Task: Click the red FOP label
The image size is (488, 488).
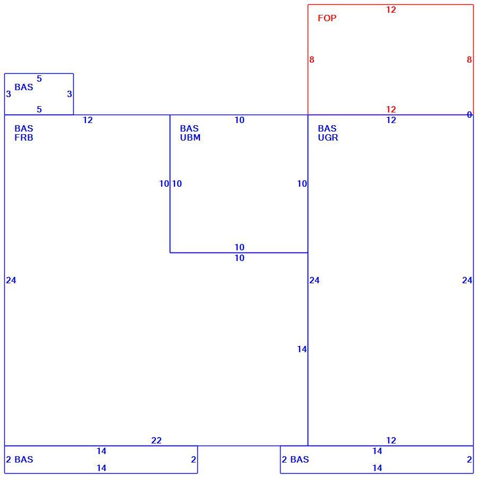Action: click(327, 18)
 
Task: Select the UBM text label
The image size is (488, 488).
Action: click(190, 137)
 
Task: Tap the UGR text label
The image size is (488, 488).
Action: click(328, 137)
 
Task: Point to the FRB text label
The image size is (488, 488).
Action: click(24, 137)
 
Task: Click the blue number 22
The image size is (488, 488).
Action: click(156, 440)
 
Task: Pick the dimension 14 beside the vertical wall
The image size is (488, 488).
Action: click(302, 349)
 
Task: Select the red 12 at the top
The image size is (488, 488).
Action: click(391, 10)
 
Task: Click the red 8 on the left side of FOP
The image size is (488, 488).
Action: click(312, 59)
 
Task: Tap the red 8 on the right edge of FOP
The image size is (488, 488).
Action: click(469, 59)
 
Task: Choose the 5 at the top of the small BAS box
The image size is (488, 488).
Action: click(39, 79)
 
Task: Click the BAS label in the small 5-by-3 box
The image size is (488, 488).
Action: click(24, 87)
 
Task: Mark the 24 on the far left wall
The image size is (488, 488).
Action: click(11, 281)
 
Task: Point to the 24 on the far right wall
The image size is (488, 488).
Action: click(467, 281)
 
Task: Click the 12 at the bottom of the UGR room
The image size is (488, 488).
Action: click(391, 440)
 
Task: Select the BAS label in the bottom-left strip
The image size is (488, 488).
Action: click(24, 459)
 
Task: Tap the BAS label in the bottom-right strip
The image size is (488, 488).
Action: click(299, 459)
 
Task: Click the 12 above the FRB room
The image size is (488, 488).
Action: click(88, 120)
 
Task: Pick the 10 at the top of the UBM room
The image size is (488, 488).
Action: click(239, 120)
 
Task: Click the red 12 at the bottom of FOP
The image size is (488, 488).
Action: click(391, 110)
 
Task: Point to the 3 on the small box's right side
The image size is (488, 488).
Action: click(69, 94)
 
